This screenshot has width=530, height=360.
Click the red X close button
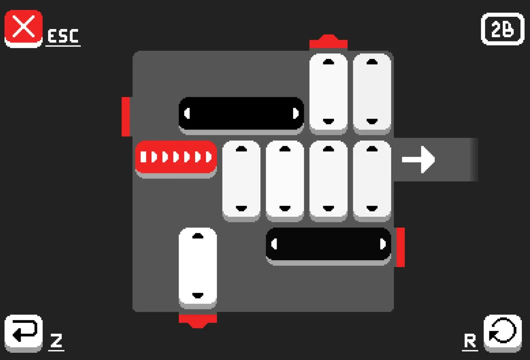[23, 29]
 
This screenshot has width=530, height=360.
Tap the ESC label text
[63, 36]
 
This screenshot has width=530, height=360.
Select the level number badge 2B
[503, 29]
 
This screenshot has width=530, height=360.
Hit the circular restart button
[503, 333]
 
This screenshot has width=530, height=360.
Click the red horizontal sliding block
[176, 159]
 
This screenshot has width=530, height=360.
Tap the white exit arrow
[418, 159]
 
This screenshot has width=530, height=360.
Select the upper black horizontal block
[241, 116]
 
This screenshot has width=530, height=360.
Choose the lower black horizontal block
[329, 246]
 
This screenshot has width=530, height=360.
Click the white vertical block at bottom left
[198, 268]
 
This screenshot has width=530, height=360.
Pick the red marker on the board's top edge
[329, 42]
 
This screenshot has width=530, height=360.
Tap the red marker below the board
[198, 321]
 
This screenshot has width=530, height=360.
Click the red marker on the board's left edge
[126, 117]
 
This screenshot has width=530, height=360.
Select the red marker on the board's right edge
[400, 247]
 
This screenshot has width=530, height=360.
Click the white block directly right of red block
[241, 181]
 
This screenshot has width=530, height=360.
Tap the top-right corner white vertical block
[372, 94]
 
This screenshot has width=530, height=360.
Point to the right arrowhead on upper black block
[296, 113]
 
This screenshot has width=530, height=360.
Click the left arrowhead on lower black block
[274, 244]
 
